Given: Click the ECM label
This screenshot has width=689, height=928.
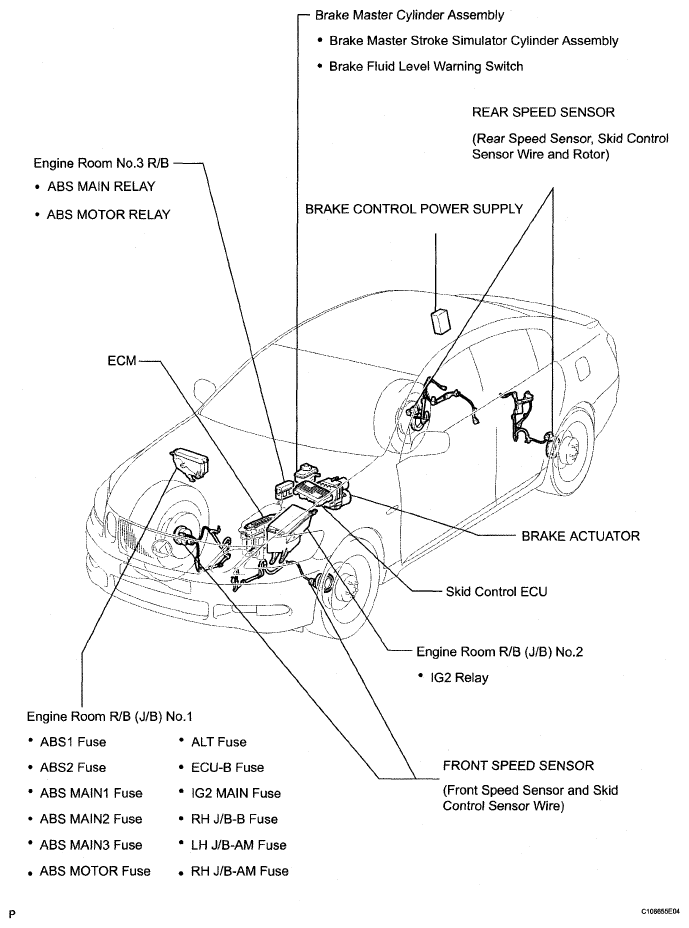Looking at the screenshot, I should point(121,357).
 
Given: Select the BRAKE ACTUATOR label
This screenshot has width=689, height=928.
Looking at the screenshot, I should point(580,536).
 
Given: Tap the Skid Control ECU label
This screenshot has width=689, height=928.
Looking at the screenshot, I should point(496,591).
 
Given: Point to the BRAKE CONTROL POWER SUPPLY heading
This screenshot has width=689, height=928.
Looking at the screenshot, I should point(414,209).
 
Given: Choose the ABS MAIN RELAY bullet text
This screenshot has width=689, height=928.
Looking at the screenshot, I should point(101,186).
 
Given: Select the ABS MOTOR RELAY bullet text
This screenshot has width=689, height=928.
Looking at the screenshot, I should point(108,214).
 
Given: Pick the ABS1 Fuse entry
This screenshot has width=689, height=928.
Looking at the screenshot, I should point(73,742).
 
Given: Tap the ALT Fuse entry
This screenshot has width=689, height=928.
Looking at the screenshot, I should point(218,742).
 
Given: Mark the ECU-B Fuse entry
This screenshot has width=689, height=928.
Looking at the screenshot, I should point(227,767).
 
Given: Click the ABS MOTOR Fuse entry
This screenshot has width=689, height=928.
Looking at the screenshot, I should point(95,871).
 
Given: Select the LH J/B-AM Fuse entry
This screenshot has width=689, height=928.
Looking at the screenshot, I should point(238,845).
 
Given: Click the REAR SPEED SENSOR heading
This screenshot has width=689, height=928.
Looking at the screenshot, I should point(543,112).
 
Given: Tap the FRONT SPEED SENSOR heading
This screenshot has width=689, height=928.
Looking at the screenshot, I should point(518,766).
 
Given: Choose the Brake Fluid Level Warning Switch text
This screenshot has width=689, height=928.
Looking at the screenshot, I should point(426,67).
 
